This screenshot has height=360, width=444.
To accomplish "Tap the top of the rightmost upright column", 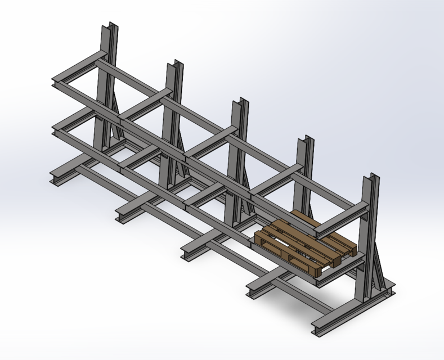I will point(371,178).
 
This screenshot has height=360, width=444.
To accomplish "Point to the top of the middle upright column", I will point(240,102).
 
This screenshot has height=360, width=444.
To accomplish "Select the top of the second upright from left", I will point(174,65).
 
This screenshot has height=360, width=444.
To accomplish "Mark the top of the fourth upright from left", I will point(305,140).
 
